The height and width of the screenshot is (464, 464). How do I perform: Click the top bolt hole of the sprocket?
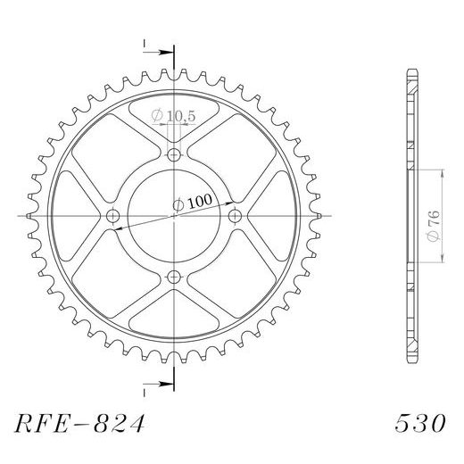tap(174, 155)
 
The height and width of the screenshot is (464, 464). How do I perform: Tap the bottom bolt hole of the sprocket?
tap(174, 278)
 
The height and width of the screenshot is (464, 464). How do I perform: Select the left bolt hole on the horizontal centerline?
tap(112, 217)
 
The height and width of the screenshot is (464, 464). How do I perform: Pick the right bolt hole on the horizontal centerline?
tap(236, 217)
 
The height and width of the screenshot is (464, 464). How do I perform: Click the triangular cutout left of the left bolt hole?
tap(79, 217)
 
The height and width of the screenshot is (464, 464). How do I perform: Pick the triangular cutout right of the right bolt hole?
tap(269, 217)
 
